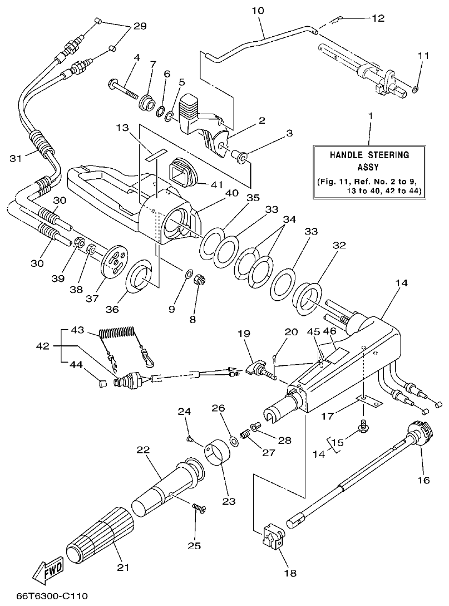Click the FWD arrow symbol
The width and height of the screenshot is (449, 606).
click(x=48, y=570)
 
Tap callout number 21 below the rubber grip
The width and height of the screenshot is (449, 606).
click(x=123, y=568)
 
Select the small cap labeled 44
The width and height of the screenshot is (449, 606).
click(x=101, y=383)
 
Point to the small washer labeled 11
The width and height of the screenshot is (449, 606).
click(x=416, y=88)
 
